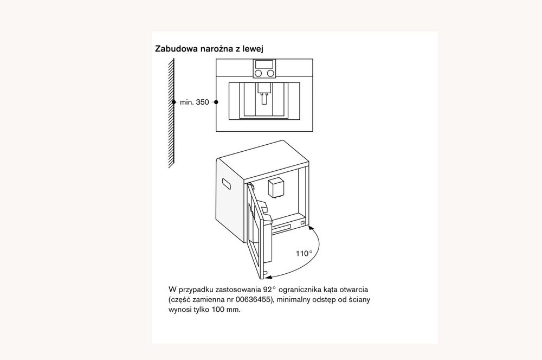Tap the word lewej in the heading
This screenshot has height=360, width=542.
coord(253,49)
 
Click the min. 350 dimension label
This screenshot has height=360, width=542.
coord(194,102)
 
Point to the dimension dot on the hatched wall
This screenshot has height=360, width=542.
coord(173,102)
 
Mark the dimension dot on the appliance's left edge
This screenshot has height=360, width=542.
coord(216,102)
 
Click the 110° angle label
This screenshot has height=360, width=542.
coord(304,253)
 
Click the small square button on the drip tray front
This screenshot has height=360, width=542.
coord(301,223)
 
